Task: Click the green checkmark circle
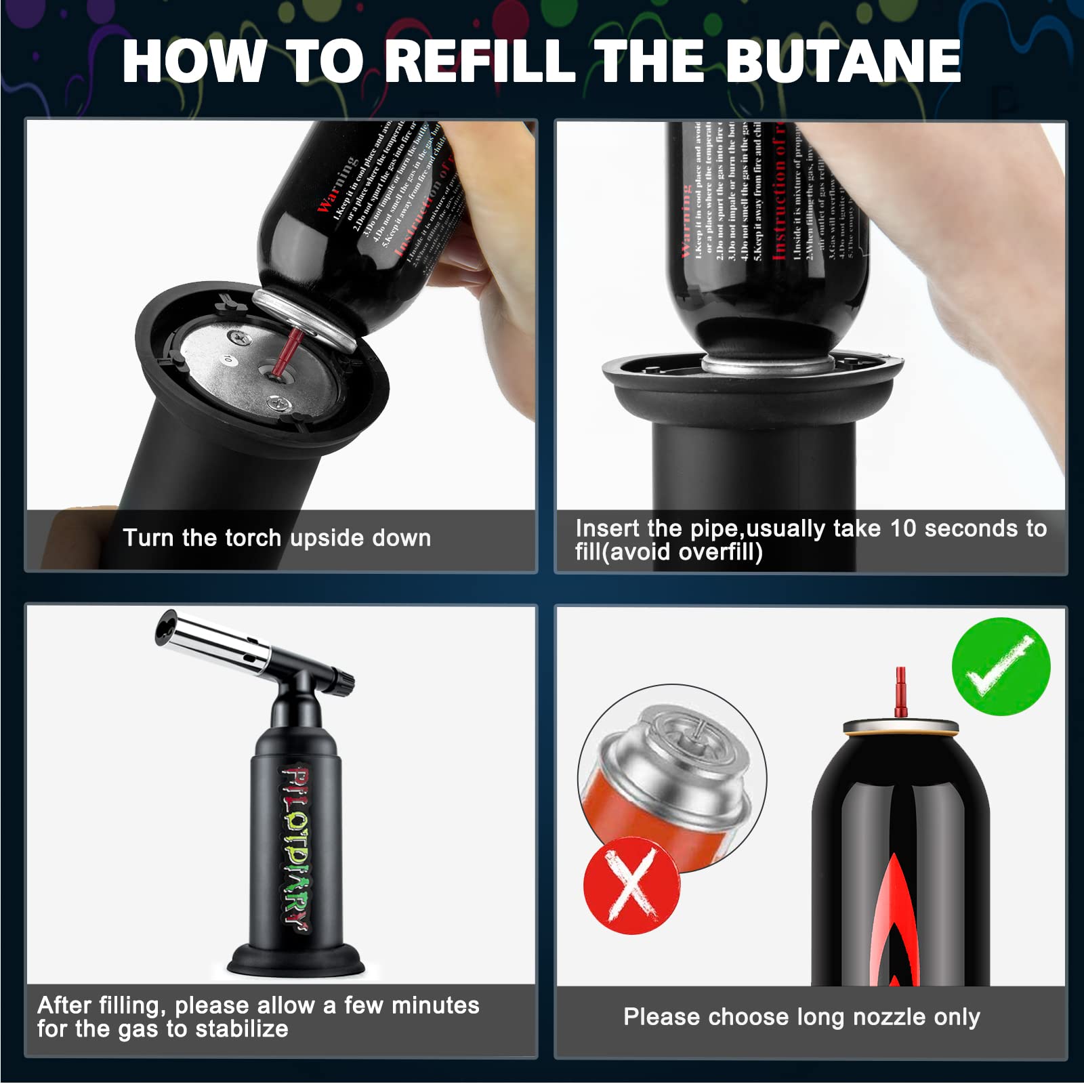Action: click(1001, 667)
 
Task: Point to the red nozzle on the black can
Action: click(900, 691)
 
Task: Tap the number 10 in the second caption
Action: click(903, 528)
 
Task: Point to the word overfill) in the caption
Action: click(720, 552)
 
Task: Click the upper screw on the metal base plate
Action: click(238, 334)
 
